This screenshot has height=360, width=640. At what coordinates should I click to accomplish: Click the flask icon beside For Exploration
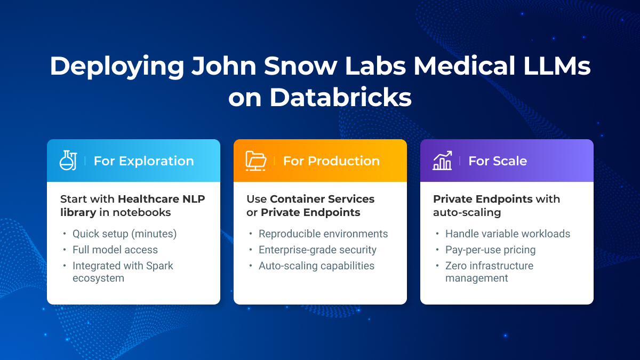pyautogui.click(x=68, y=161)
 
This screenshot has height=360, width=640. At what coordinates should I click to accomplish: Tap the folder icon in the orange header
pyautogui.click(x=256, y=161)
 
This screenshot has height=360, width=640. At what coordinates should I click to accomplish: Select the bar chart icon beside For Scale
pyautogui.click(x=443, y=161)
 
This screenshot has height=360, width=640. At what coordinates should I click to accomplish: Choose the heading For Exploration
pyautogui.click(x=143, y=161)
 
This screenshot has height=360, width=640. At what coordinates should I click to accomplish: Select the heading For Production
pyautogui.click(x=331, y=161)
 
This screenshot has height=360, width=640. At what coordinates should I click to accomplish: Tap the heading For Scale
pyautogui.click(x=498, y=161)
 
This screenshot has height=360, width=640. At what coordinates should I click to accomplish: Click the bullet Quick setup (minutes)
pyautogui.click(x=124, y=234)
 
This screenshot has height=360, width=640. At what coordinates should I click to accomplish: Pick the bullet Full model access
pyautogui.click(x=115, y=250)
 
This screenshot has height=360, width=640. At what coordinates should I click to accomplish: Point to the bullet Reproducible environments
pyautogui.click(x=323, y=234)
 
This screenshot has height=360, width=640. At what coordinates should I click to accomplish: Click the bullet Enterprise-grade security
pyautogui.click(x=317, y=250)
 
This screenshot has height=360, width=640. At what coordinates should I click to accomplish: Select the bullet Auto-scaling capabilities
pyautogui.click(x=316, y=266)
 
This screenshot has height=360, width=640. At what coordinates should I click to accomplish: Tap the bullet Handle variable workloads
pyautogui.click(x=508, y=234)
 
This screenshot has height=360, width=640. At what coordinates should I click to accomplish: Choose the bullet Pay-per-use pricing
pyautogui.click(x=490, y=250)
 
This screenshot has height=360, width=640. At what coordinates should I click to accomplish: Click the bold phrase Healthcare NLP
pyautogui.click(x=161, y=199)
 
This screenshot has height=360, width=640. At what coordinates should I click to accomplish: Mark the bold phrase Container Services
pyautogui.click(x=322, y=199)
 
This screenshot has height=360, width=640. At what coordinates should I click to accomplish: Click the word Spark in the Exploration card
pyautogui.click(x=160, y=266)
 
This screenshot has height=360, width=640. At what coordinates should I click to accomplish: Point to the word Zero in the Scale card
pyautogui.click(x=457, y=266)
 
